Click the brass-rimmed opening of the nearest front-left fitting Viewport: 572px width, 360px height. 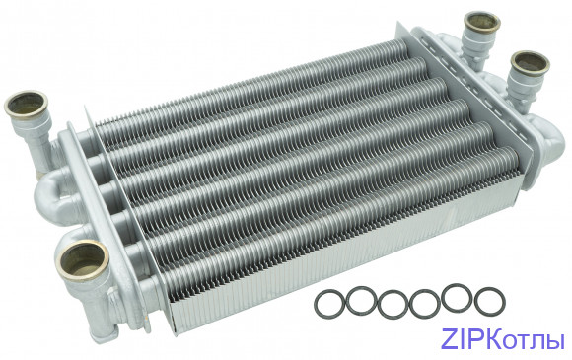click(83, 259)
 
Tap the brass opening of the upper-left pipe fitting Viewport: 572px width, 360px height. click(26, 104)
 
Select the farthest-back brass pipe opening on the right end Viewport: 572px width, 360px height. click(481, 22)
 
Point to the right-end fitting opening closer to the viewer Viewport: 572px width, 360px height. click(530, 63)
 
